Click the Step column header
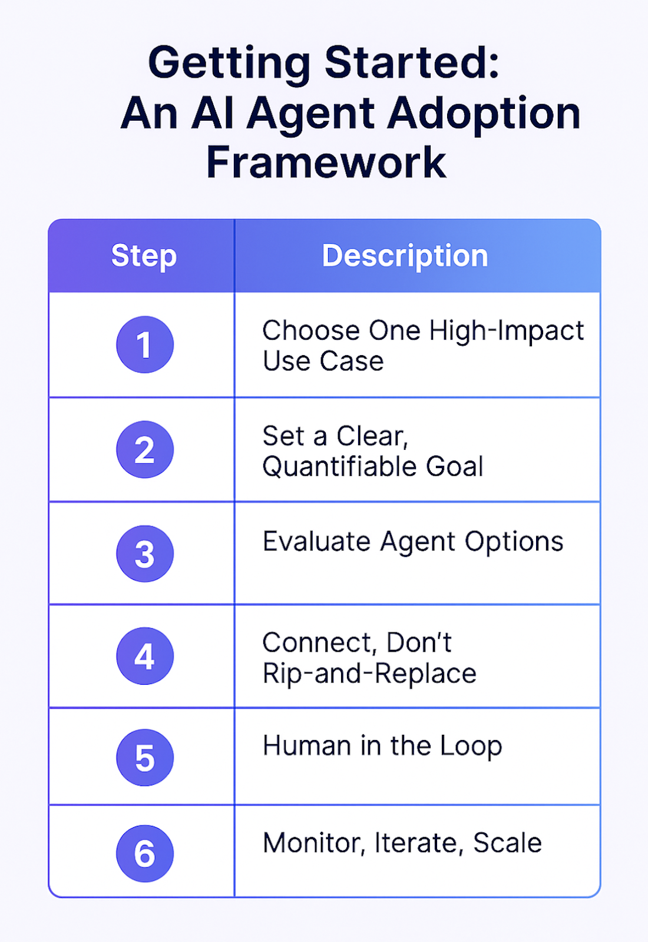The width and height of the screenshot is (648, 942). pos(144,256)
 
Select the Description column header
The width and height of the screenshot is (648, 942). pos(405,256)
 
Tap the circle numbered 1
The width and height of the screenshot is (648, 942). pos(145,344)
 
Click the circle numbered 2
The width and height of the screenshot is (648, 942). pos(145,449)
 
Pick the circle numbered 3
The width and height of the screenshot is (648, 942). pos(145,553)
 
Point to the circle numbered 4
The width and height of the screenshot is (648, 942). pos(145,656)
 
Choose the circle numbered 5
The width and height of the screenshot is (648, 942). pos(145,758)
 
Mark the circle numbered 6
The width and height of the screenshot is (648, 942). pos(145,854)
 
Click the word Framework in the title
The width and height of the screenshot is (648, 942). pos(326,162)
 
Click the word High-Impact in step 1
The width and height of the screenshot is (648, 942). pos(507,331)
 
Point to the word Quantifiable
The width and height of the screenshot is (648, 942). pos(340,467)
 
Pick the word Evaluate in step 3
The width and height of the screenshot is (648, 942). pos(316,542)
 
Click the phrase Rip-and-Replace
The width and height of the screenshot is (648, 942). pos(369,674)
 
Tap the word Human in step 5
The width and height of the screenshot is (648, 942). pos(307,746)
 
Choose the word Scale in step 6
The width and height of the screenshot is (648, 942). pos(507,843)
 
